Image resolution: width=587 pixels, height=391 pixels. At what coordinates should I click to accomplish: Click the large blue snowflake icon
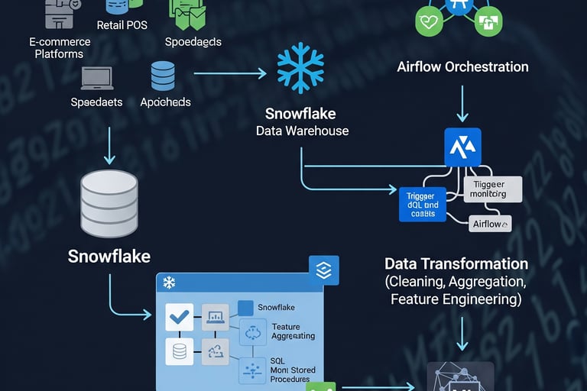click(300, 68)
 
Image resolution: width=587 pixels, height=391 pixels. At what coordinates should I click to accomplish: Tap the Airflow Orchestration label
click(462, 66)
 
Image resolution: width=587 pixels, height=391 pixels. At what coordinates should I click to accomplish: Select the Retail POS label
click(122, 25)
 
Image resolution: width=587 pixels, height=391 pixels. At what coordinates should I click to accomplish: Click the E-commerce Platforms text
click(59, 48)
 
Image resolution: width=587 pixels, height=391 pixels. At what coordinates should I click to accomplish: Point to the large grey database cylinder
click(109, 202)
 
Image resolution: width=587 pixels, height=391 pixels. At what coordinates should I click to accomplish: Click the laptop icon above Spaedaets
click(97, 76)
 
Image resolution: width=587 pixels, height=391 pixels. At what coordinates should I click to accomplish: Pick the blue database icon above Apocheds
click(163, 76)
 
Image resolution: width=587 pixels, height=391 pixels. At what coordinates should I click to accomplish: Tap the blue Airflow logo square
click(462, 147)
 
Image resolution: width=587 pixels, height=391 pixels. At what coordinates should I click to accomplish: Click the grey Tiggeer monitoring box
click(493, 189)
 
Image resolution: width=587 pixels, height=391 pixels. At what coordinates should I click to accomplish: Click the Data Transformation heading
click(456, 264)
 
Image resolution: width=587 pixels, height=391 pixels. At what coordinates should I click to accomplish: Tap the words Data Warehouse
click(302, 131)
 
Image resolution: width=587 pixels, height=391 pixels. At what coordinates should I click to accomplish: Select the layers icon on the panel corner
click(323, 271)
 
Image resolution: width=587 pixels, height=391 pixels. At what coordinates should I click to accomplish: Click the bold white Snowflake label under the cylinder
click(109, 256)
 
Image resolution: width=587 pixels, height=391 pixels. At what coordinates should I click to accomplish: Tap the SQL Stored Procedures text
click(290, 370)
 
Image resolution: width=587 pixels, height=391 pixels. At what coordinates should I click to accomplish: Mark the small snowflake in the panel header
click(169, 283)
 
